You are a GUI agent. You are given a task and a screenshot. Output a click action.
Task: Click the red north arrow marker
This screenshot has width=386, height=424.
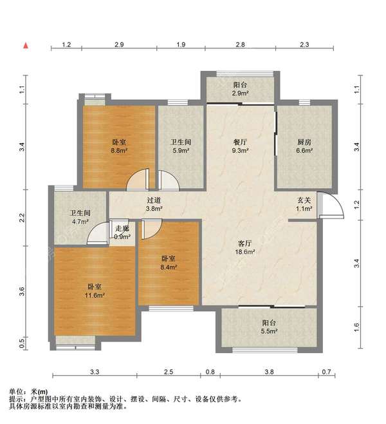point(26,46)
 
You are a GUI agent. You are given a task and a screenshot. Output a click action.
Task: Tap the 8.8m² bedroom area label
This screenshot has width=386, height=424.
point(119,146)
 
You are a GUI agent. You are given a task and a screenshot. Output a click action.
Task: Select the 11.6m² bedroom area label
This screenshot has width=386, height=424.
point(95,291)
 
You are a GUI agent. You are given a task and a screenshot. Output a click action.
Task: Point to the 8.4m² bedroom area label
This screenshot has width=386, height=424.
point(169,263)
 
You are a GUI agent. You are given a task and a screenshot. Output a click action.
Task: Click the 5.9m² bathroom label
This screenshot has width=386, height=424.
point(181,146)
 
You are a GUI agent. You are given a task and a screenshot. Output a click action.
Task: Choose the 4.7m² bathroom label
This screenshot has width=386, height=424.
point(80,217)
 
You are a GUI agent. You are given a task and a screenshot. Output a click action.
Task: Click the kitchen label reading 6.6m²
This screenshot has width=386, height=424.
point(304,146)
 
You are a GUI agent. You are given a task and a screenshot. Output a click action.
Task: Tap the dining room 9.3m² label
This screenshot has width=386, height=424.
point(240,146)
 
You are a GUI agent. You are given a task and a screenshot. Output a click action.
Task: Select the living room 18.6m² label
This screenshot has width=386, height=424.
point(245,247)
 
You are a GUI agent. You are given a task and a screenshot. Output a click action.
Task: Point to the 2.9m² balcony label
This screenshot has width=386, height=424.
point(240,89)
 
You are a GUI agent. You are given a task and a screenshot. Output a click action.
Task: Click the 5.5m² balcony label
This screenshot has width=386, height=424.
point(269,327)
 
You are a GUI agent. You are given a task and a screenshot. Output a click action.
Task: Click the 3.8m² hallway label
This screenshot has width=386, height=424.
point(154,204)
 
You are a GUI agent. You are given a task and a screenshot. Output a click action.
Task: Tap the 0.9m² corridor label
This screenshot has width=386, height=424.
point(122,233)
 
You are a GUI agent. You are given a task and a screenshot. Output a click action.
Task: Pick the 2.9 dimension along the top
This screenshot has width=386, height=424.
point(119,44)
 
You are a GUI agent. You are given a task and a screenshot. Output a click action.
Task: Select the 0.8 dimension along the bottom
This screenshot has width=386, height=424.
point(210,372)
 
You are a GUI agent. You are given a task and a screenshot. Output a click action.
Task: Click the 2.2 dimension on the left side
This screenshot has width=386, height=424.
point(22,218)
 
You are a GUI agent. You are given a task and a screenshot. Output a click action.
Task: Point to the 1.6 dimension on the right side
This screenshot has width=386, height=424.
point(356,327)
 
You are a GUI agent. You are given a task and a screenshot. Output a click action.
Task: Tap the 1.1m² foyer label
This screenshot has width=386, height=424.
point(304,204)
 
